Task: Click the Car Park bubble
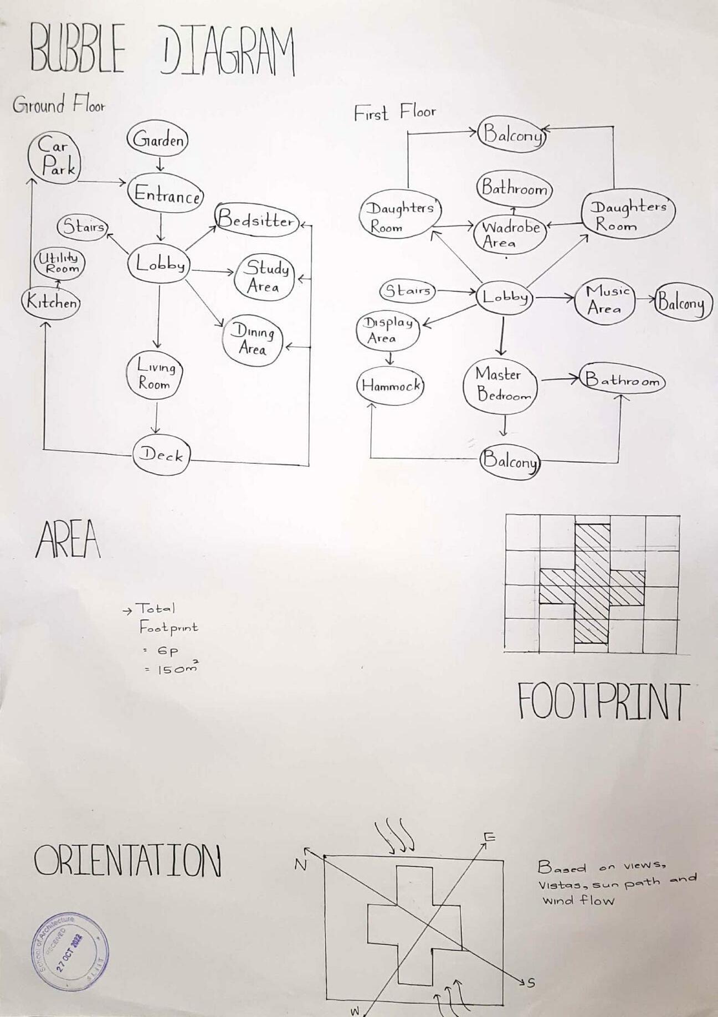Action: point(54,157)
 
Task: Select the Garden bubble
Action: point(158,140)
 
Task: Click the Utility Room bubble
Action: point(59,263)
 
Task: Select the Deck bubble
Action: point(161,455)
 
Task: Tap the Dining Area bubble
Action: point(253,341)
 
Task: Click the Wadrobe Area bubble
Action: point(509,235)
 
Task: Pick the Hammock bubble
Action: point(391,386)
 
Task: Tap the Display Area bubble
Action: point(387,331)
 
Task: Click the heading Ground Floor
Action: point(58,105)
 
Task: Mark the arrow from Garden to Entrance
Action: point(160,164)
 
